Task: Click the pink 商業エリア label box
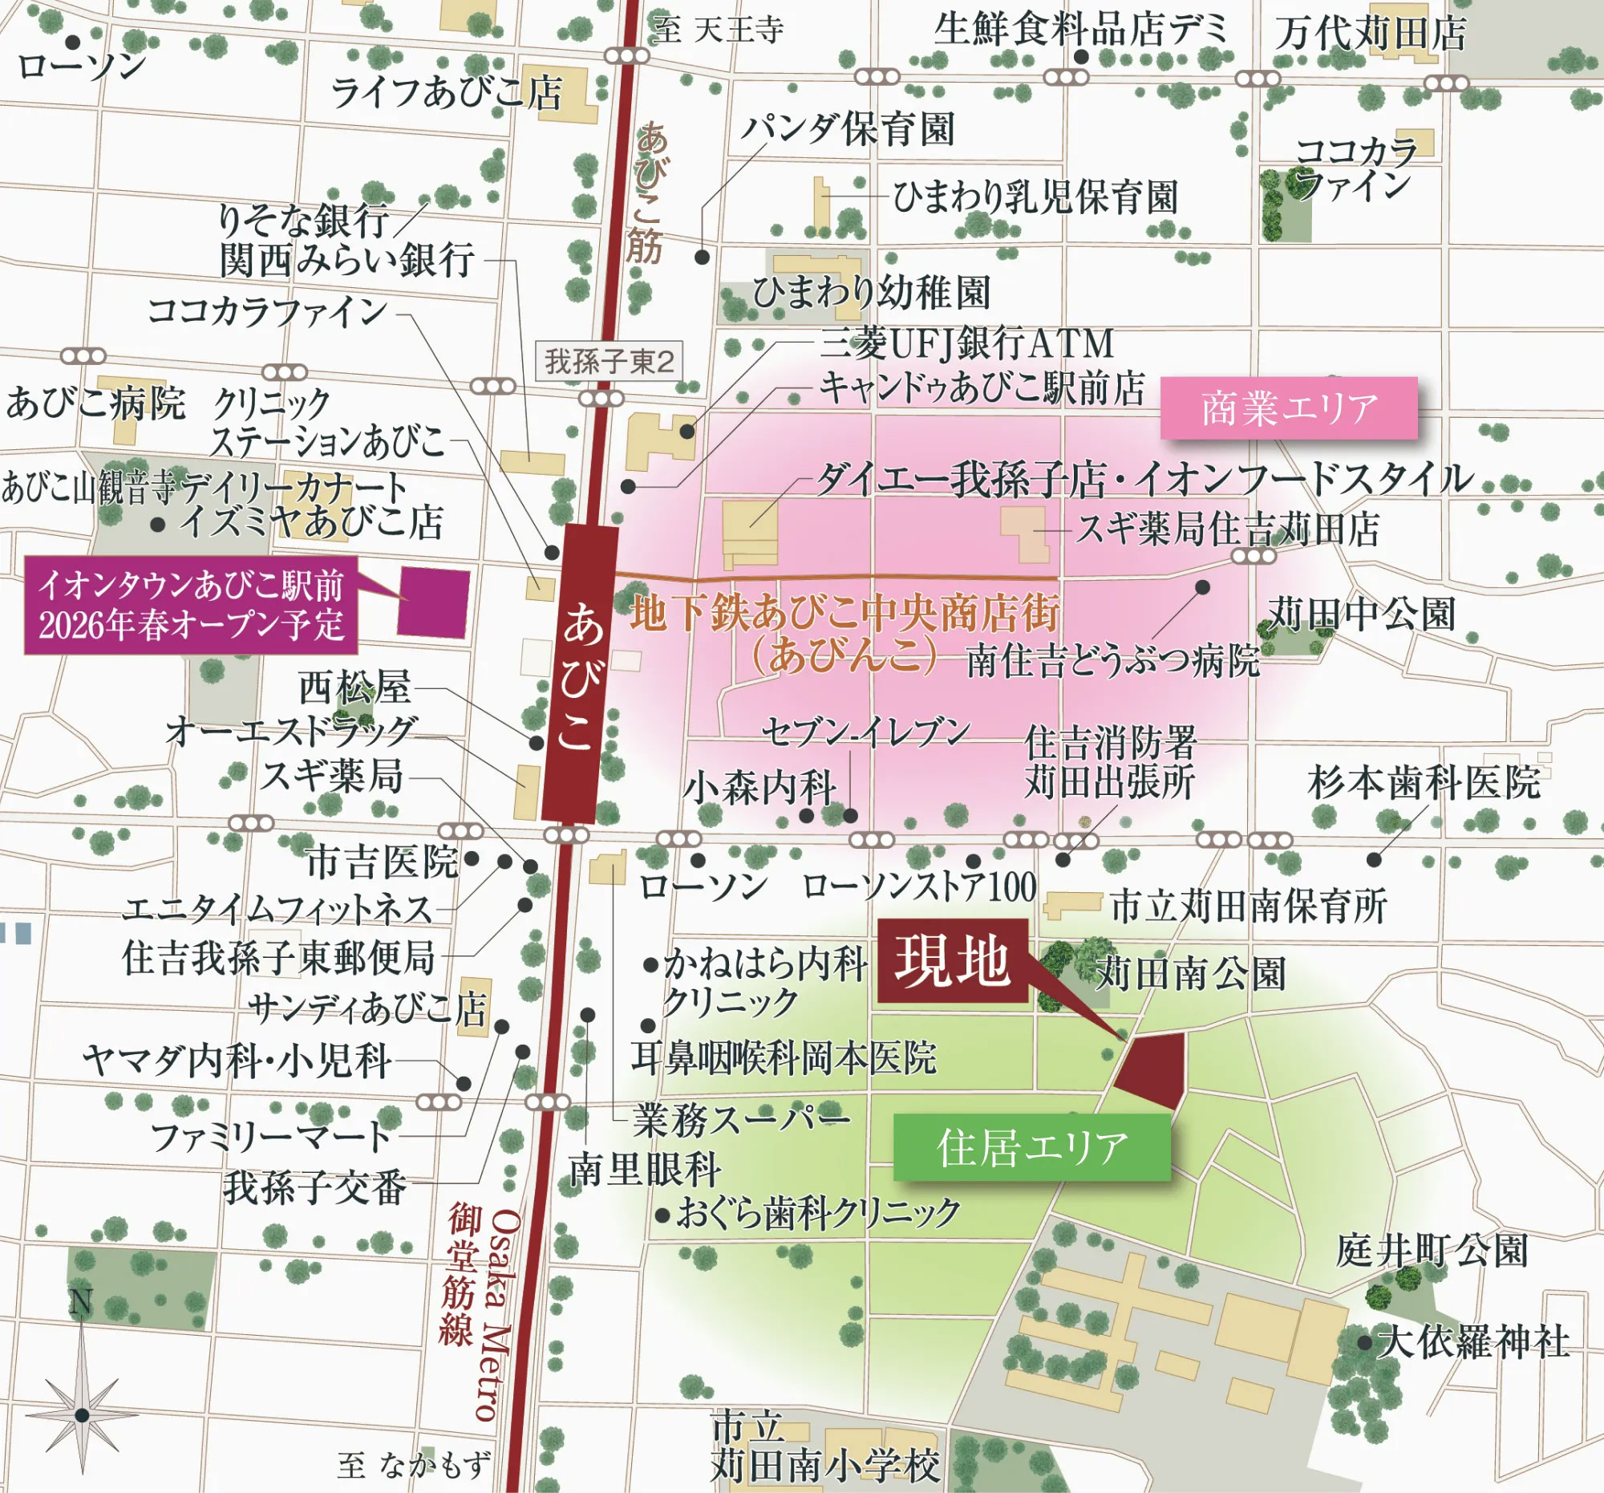coord(1289,408)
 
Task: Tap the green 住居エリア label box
coord(1031,1147)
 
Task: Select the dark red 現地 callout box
coord(952,960)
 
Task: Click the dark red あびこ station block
coord(581,674)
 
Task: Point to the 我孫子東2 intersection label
coord(610,361)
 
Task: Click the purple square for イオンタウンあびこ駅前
coord(433,602)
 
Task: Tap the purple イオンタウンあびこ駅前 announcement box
coord(190,604)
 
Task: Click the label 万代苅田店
coord(1370,34)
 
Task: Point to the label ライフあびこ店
coord(446,92)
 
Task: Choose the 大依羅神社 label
coord(1473,1342)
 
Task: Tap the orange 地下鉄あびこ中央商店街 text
coord(845,613)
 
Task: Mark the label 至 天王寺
coord(717,30)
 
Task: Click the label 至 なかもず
coord(414,1465)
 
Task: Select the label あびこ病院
coord(95,403)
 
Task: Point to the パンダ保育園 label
coord(847,128)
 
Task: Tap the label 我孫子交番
coord(314,1187)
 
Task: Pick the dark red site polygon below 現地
coord(1152,1067)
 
